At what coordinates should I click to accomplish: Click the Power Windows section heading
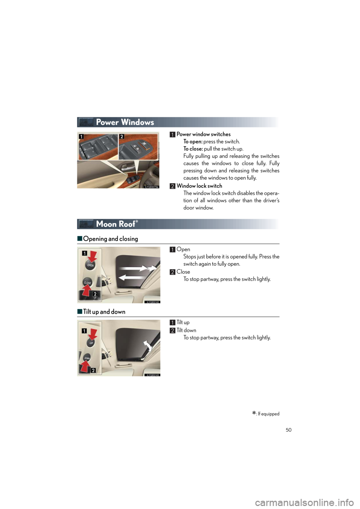pyautogui.click(x=125, y=122)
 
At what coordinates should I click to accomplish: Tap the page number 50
pyautogui.click(x=288, y=430)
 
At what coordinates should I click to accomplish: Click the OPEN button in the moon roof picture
pyautogui.click(x=90, y=265)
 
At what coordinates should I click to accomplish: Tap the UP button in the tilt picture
pyautogui.click(x=91, y=343)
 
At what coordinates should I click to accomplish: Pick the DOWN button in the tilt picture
pyautogui.click(x=87, y=358)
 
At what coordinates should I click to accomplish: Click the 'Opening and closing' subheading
pyautogui.click(x=111, y=239)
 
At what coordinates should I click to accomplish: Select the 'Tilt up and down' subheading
pyautogui.click(x=104, y=312)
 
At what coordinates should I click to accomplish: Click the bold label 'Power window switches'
pyautogui.click(x=203, y=134)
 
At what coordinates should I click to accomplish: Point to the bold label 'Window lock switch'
pyautogui.click(x=199, y=186)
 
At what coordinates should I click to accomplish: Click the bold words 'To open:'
pyautogui.click(x=193, y=142)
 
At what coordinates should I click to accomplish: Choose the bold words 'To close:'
pyautogui.click(x=193, y=149)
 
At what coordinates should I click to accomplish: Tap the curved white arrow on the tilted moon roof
pyautogui.click(x=147, y=347)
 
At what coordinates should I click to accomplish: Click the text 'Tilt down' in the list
pyautogui.click(x=186, y=330)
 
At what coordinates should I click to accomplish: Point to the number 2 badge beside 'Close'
pyautogui.click(x=172, y=272)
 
